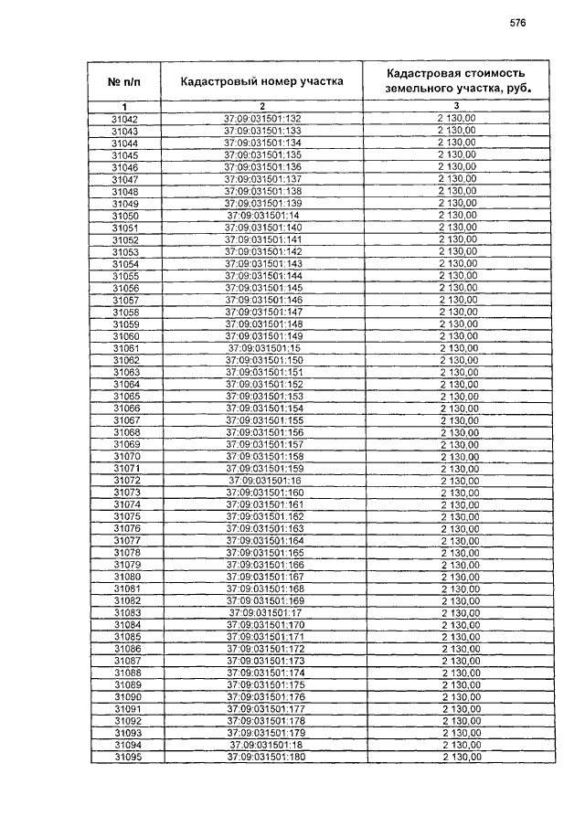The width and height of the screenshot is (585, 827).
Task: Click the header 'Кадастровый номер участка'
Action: pyautogui.click(x=261, y=82)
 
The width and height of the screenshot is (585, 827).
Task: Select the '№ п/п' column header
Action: pyautogui.click(x=124, y=82)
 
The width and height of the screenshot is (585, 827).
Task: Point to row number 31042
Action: pyautogui.click(x=124, y=120)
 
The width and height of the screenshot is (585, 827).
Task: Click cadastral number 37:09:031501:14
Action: pyautogui.click(x=262, y=216)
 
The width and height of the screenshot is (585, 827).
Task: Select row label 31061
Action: pyautogui.click(x=125, y=348)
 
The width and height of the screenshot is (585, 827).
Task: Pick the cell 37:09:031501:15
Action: pyautogui.click(x=263, y=348)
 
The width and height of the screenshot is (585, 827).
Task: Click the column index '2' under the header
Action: pyautogui.click(x=261, y=108)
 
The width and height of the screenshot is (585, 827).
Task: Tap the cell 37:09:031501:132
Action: pyautogui.click(x=261, y=120)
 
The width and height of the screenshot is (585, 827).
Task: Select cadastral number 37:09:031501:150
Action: pyautogui.click(x=263, y=360)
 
